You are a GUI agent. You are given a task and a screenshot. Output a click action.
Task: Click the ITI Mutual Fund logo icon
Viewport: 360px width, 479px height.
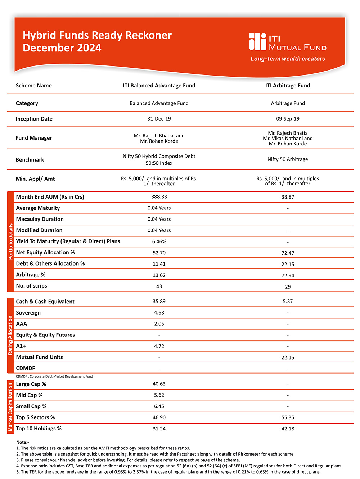[257, 42]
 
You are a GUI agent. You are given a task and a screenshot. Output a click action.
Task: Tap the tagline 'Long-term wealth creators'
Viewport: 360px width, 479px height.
[288, 59]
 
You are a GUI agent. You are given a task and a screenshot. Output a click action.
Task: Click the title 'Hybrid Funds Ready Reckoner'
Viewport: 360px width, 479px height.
[97, 35]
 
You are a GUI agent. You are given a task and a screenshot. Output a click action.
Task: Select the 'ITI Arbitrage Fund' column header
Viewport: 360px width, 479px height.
[288, 86]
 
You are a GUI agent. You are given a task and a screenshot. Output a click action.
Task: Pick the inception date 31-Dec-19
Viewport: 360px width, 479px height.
[159, 119]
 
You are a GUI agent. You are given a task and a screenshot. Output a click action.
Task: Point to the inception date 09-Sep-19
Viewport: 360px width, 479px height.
[288, 119]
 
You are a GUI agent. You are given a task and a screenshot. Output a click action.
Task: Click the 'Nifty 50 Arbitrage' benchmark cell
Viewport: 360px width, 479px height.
[288, 159]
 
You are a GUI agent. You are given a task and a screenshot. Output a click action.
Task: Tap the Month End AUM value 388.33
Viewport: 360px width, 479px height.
[159, 197]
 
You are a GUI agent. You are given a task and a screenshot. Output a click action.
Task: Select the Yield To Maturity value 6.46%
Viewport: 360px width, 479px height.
[159, 241]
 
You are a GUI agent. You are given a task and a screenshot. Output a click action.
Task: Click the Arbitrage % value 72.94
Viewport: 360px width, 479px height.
[288, 275]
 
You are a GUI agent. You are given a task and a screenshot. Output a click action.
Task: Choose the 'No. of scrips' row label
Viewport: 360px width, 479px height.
[32, 286]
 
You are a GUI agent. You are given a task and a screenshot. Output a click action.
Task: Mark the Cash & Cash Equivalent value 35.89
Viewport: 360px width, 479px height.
[159, 302]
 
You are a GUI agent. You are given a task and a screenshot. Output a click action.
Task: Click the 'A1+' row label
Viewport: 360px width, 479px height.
[21, 346]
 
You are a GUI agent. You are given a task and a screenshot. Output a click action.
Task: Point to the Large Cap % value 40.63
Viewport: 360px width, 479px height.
[159, 384]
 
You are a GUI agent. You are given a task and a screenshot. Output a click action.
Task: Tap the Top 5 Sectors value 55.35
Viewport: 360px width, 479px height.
[288, 417]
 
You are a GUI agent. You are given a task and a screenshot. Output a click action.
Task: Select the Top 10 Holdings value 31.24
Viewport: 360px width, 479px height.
[159, 429]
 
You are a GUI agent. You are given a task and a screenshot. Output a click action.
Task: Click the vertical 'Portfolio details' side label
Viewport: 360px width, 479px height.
[10, 241]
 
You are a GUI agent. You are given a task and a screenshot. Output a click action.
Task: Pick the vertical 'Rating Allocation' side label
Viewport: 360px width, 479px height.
[10, 335]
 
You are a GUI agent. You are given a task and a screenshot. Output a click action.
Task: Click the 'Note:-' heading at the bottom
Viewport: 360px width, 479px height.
[23, 442]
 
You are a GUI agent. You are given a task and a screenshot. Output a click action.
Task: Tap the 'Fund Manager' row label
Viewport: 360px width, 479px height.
[34, 138]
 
